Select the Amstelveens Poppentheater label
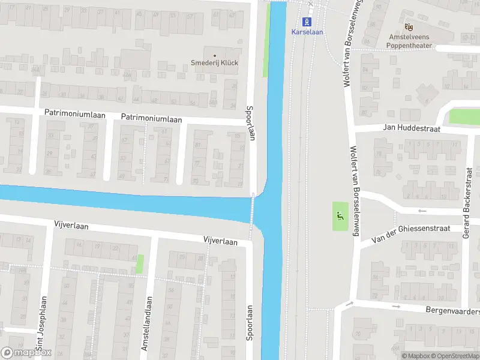pos(410,40)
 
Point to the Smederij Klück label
pos(214,62)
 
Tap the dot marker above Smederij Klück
pos(214,56)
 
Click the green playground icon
pos(340,216)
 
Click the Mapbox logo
pos(26,353)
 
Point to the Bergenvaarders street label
pos(452,312)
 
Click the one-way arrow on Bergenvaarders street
pos(397,307)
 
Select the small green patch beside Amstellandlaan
pos(140,263)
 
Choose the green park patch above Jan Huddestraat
pos(464,116)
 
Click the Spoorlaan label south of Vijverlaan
pos(250,323)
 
